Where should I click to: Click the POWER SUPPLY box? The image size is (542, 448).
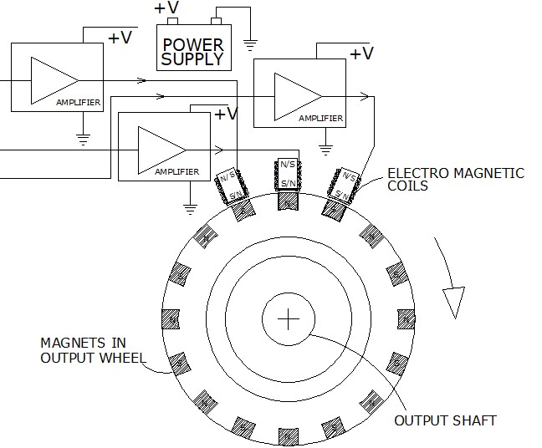point(194,48)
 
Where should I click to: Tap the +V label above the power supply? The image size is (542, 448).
point(166,8)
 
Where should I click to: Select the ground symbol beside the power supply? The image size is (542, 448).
point(250,45)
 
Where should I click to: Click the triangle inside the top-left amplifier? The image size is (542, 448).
point(54,81)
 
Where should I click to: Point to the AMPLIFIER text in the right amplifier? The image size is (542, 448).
point(321,119)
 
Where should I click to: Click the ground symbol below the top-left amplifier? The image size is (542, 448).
point(83,140)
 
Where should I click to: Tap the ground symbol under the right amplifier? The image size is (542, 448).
point(325,150)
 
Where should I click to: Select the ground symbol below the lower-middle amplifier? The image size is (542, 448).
point(190,209)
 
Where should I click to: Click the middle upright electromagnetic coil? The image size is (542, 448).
point(288,174)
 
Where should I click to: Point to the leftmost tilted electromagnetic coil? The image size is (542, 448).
point(232,187)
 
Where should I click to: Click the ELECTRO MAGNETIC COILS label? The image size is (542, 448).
point(456,180)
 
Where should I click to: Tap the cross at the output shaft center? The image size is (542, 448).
point(289,318)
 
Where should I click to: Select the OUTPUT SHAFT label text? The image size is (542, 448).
point(445,420)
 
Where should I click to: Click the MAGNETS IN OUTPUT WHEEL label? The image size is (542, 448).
point(93,350)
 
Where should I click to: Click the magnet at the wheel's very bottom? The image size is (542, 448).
point(288,436)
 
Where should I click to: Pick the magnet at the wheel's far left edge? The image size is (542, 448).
point(171,319)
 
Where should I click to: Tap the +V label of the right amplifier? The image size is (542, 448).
point(361,53)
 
